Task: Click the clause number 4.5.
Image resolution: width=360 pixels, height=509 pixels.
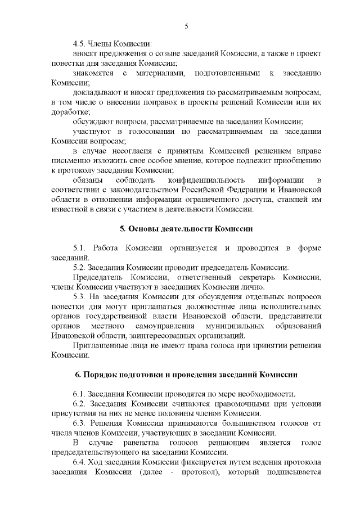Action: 80,44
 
